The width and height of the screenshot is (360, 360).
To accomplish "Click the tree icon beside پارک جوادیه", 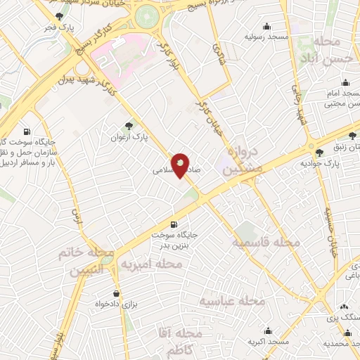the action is tap(320, 152).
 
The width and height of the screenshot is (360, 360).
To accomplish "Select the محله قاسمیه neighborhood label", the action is tap(266, 241).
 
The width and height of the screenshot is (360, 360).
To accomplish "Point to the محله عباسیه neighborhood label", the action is tap(232, 301).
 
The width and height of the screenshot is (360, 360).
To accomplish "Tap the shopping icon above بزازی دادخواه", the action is tap(116, 294).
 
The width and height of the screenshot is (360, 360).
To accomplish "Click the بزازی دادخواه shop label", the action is tap(116, 306).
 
